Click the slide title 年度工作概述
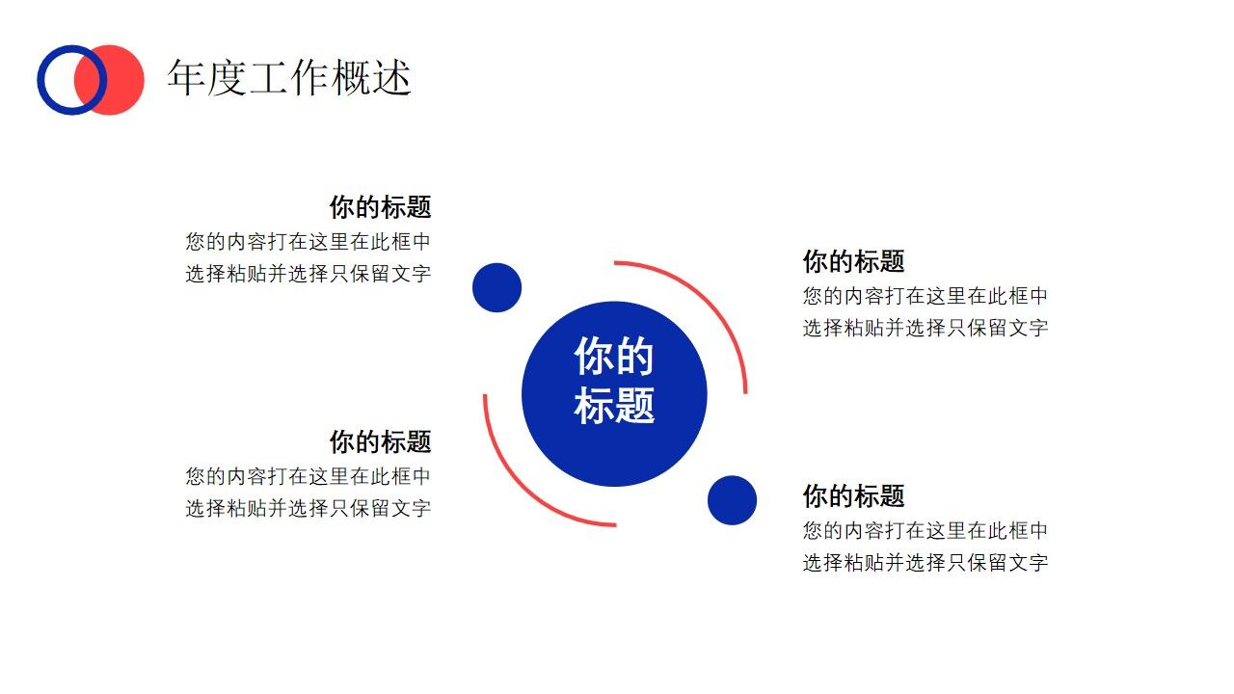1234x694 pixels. (289, 78)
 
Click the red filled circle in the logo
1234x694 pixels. (121, 80)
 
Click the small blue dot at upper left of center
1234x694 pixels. (496, 287)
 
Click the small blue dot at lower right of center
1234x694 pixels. (732, 500)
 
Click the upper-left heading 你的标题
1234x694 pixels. (380, 207)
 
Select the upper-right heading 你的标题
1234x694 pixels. (853, 261)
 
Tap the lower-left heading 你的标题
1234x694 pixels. (380, 442)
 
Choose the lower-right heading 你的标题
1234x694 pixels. (853, 496)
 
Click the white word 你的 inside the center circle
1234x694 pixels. (614, 357)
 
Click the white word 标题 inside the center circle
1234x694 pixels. (614, 405)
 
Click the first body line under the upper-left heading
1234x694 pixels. (308, 241)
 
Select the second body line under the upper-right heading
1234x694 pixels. (925, 328)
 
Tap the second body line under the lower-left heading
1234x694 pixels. (308, 508)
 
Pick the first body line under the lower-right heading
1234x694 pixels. (925, 530)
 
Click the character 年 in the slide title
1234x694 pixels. (185, 78)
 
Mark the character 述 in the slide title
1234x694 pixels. (392, 78)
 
